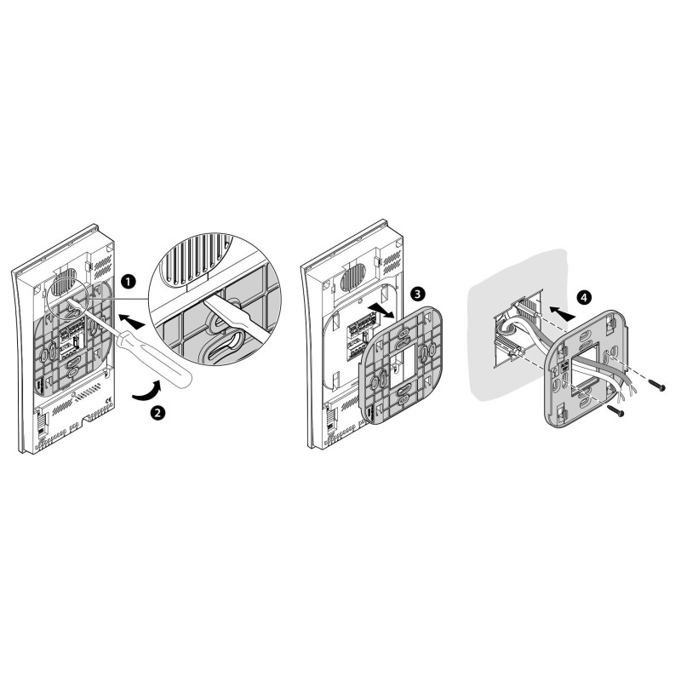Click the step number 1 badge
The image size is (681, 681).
pos(128,282)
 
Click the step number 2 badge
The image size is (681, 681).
pos(157,412)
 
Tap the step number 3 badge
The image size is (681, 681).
pos(417,294)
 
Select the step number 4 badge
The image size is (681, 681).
pos(584,297)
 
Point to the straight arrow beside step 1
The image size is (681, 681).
pos(132,322)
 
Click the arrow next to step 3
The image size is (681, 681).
pos(381,311)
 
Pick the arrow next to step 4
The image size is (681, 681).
pos(562,311)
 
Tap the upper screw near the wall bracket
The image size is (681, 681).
pos(656,386)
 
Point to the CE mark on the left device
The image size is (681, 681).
pos(109,399)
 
